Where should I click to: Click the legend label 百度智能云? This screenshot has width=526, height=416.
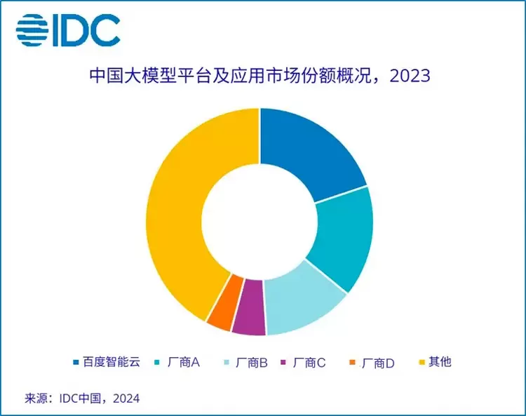pos(112,362)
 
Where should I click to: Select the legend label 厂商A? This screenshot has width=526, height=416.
pos(185,362)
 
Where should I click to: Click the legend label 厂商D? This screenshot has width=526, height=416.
pos(379,363)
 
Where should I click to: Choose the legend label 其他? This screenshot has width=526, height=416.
pos(440,362)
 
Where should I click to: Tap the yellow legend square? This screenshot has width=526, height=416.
pos(422,363)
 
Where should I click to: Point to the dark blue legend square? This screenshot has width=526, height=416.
pos(76,363)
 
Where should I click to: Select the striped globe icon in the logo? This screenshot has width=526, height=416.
pos(32,29)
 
